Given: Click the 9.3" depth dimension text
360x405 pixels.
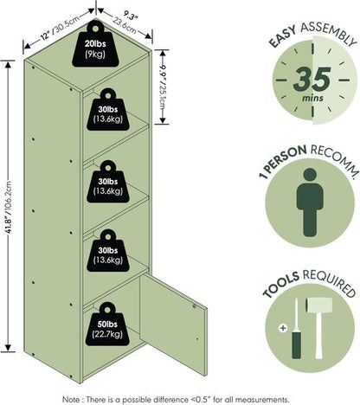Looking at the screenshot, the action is pos(131,16).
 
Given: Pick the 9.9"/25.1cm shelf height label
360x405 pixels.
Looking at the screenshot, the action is pos(164,89).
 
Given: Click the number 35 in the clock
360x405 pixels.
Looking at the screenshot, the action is pos(312,78).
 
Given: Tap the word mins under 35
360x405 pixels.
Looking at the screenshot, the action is pos(312,98).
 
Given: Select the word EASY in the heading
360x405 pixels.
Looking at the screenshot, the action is pos(283,36).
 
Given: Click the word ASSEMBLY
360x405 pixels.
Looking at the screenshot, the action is pos(329,33).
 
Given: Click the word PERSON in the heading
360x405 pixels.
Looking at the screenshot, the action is pos(286,157).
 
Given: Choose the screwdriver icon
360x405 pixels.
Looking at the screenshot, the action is pos(296,328).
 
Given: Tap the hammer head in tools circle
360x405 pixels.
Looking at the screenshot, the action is pos(318,305).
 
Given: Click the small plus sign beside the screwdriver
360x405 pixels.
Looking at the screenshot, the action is pos(283,328).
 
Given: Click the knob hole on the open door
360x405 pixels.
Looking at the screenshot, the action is pos(194,306).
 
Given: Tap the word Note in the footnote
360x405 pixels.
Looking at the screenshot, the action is pos(71,400).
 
